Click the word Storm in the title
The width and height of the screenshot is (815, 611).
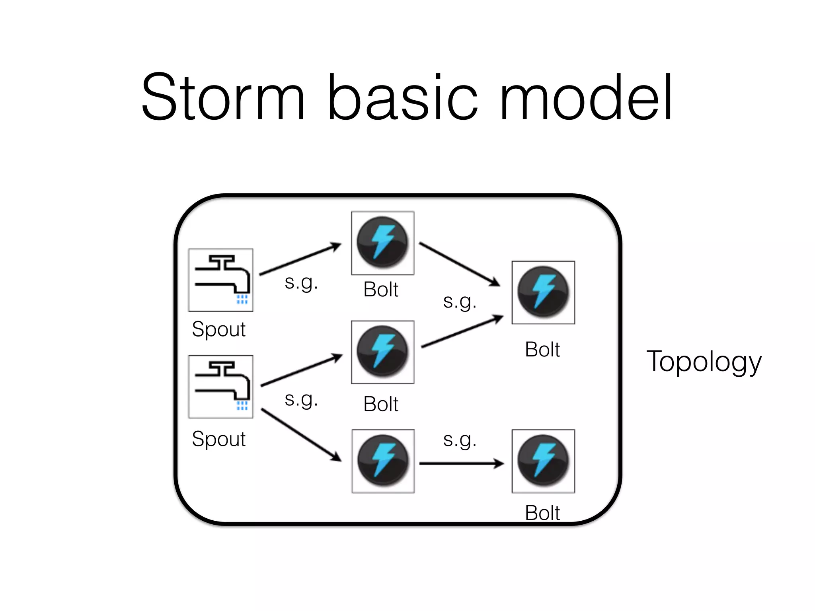tap(223, 97)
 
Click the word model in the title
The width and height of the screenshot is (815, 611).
tap(585, 97)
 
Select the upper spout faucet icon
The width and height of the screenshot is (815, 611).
tap(221, 280)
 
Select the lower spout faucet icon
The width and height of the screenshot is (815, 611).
tap(221, 387)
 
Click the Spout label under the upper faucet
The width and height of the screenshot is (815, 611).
tap(218, 329)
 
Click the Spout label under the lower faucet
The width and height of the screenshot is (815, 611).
tap(218, 439)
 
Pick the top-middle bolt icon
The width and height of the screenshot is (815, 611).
tap(382, 243)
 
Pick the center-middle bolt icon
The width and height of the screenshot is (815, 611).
tap(382, 352)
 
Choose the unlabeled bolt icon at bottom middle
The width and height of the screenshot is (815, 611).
tap(383, 461)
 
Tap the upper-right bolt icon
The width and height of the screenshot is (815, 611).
tap(543, 292)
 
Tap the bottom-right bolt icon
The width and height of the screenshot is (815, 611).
tap(543, 461)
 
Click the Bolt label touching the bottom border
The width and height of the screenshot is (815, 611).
tap(542, 513)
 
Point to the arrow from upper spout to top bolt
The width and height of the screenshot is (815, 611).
tap(300, 259)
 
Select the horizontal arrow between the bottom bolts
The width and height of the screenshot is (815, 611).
tap(462, 463)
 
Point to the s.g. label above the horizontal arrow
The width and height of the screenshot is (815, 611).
tap(460, 440)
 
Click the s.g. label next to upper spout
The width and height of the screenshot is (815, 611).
tap(301, 283)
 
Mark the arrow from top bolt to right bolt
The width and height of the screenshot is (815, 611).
tap(460, 264)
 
